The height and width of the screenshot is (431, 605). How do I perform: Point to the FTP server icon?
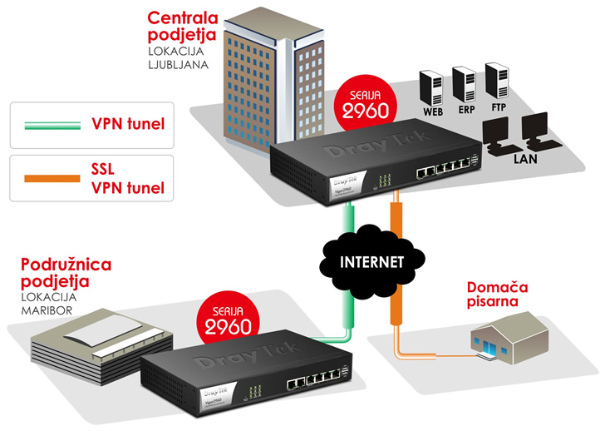coord(495,80)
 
